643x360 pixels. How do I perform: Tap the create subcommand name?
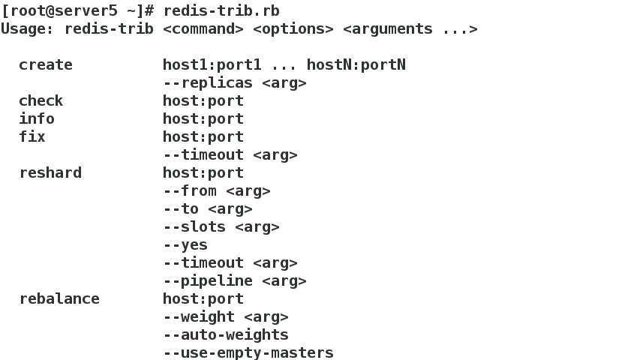pyautogui.click(x=46, y=64)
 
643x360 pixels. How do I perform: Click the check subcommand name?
pyautogui.click(x=41, y=100)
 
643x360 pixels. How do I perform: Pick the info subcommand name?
pyautogui.click(x=37, y=118)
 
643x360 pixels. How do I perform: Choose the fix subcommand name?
pyautogui.click(x=32, y=136)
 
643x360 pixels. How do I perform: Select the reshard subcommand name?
pyautogui.click(x=50, y=172)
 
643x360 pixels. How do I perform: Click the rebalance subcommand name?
pyautogui.click(x=59, y=298)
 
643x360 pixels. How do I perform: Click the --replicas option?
pyautogui.click(x=208, y=82)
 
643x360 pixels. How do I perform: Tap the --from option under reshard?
pyautogui.click(x=190, y=190)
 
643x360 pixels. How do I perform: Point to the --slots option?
pyautogui.click(x=194, y=226)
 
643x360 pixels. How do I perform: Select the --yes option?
pyautogui.click(x=185, y=244)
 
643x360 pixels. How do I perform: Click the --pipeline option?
pyautogui.click(x=208, y=280)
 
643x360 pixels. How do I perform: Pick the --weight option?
pyautogui.click(x=199, y=316)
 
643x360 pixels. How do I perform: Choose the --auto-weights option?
pyautogui.click(x=226, y=334)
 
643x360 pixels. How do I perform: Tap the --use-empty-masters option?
pyautogui.click(x=248, y=352)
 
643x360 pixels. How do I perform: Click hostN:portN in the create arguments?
pyautogui.click(x=356, y=64)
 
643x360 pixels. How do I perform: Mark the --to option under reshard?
pyautogui.click(x=181, y=208)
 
